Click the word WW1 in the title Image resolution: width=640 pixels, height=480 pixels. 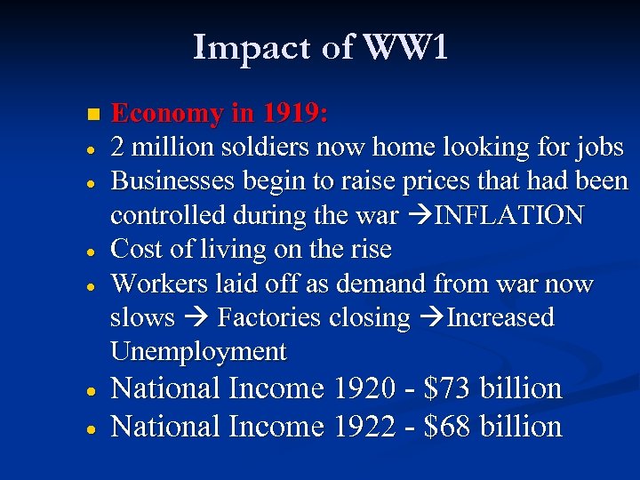(404, 48)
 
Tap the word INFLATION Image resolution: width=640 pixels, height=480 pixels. (508, 216)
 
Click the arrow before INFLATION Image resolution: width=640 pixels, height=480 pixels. (417, 216)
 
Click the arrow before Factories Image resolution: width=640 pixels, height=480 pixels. (197, 318)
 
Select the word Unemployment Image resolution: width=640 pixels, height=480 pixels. (198, 352)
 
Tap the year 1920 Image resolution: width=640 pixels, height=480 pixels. (364, 389)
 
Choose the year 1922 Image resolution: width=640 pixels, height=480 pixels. (364, 428)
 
